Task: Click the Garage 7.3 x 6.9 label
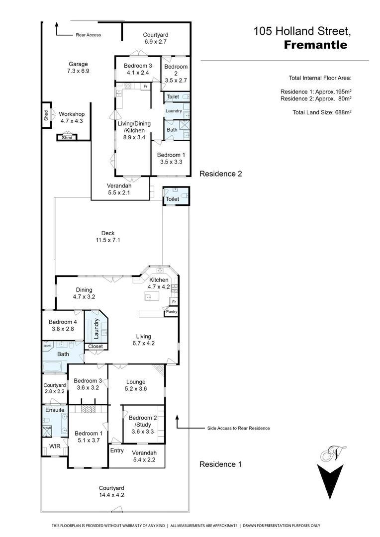point(78,67)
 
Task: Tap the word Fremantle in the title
point(315,45)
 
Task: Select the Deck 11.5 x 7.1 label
point(108,237)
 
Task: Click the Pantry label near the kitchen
point(172,312)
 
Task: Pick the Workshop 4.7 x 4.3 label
point(72,117)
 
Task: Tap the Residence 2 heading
point(220,174)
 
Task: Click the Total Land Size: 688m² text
point(322,112)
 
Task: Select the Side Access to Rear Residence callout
point(238,428)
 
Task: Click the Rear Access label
point(88,35)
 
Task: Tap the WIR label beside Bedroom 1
point(55,447)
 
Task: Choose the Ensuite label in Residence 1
point(55,410)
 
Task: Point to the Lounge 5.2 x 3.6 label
point(136,385)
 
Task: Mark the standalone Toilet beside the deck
point(172,199)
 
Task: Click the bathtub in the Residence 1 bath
point(53,367)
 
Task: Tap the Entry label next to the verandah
point(117,450)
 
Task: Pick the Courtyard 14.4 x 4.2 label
point(111,491)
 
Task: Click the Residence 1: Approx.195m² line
point(316,92)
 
